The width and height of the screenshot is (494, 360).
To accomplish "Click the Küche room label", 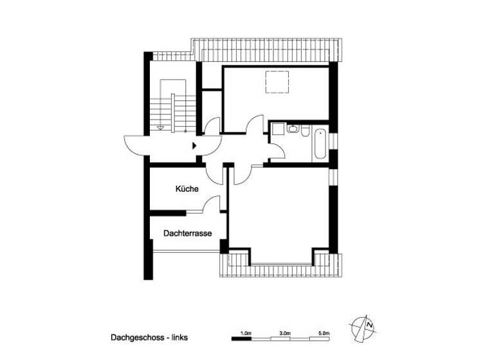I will point(187,190).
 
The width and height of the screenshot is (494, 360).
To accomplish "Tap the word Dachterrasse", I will point(188,234).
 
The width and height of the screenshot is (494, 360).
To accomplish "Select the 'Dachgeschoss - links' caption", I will point(149,337).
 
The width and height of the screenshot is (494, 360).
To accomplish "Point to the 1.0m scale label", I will point(245,333).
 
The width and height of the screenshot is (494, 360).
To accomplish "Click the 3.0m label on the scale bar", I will point(285,333).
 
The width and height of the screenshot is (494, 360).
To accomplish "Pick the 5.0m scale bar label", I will point(324,333).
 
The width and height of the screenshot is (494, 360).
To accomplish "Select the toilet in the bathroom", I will point(304,132).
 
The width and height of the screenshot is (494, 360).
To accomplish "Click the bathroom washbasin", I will point(292,129).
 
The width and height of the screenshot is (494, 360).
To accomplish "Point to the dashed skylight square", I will point(277,82).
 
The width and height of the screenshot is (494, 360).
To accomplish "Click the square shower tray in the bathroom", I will point(277,129).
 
